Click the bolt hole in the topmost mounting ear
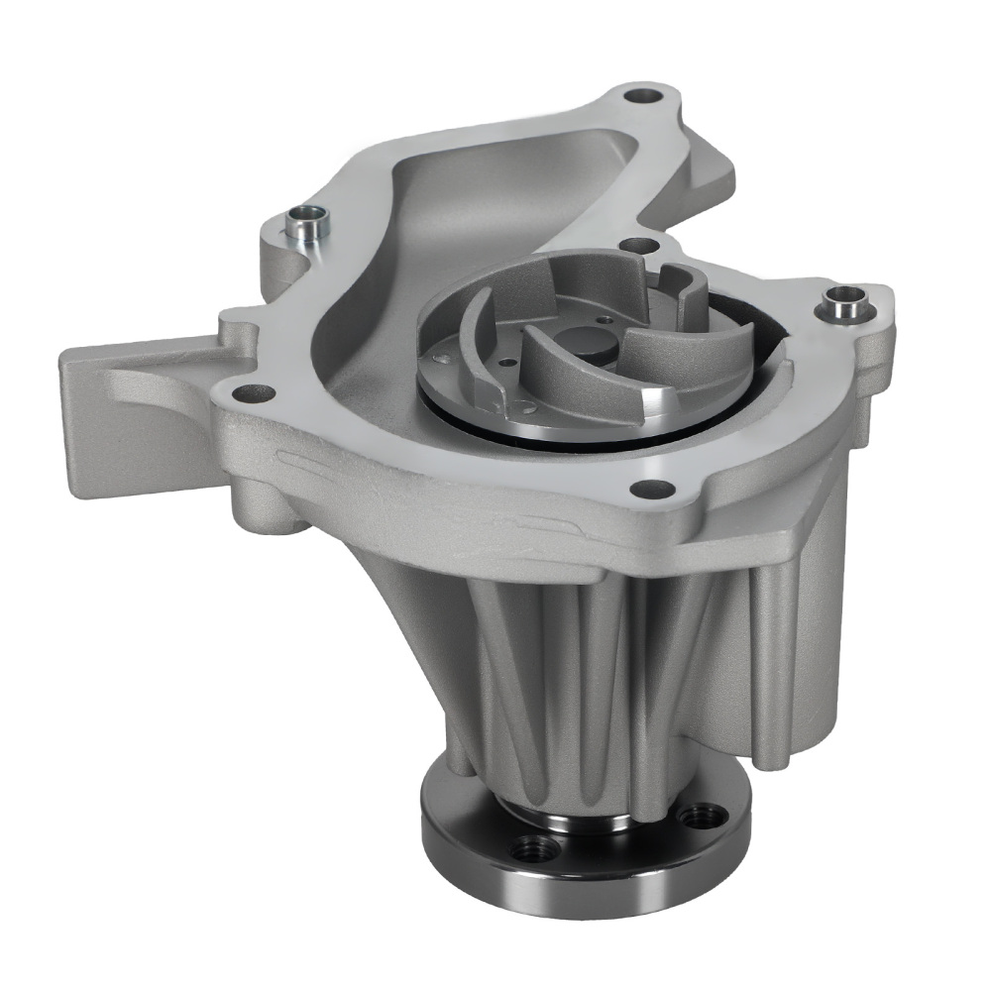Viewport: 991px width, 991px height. [641, 98]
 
